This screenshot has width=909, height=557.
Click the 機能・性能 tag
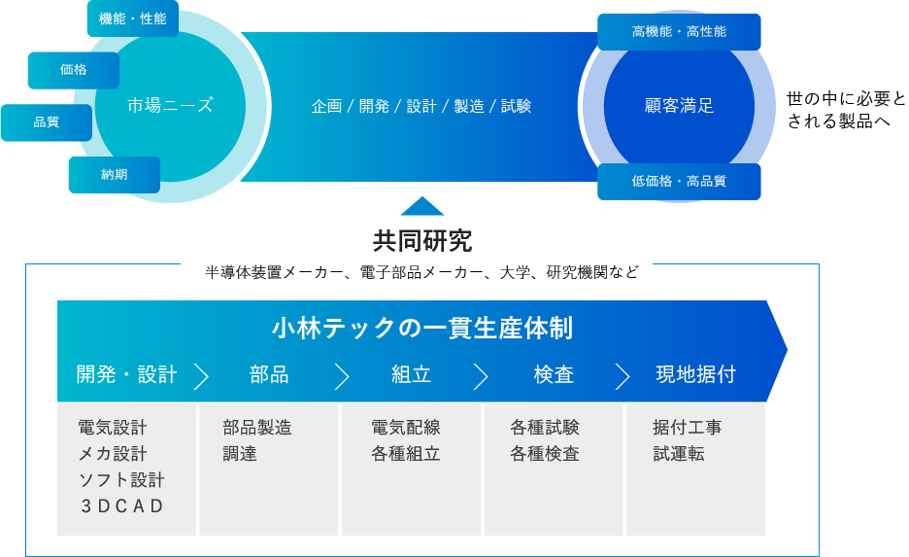pyautogui.click(x=132, y=18)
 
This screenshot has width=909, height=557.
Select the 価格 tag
pyautogui.click(x=73, y=70)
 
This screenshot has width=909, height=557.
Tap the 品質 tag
pyautogui.click(x=46, y=122)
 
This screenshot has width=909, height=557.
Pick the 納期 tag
pyautogui.click(x=114, y=175)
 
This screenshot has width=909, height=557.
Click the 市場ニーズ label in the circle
pyautogui.click(x=170, y=106)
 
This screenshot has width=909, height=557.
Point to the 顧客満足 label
pyautogui.click(x=679, y=106)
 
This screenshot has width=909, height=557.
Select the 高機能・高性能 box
pyautogui.click(x=679, y=32)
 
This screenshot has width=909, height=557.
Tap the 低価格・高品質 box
pyautogui.click(x=679, y=181)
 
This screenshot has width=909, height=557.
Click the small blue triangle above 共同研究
pyautogui.click(x=422, y=206)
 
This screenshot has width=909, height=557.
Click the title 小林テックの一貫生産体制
pyautogui.click(x=421, y=329)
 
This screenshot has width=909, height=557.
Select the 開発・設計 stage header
pyautogui.click(x=127, y=374)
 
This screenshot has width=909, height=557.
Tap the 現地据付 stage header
pyautogui.click(x=695, y=374)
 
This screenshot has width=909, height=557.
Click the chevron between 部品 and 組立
pyautogui.click(x=341, y=376)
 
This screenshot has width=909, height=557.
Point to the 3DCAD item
pyautogui.click(x=121, y=505)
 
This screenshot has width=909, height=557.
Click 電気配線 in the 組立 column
pyautogui.click(x=405, y=428)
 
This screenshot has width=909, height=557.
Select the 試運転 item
pyautogui.click(x=679, y=454)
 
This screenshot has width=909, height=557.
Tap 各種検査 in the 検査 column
pyautogui.click(x=544, y=454)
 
